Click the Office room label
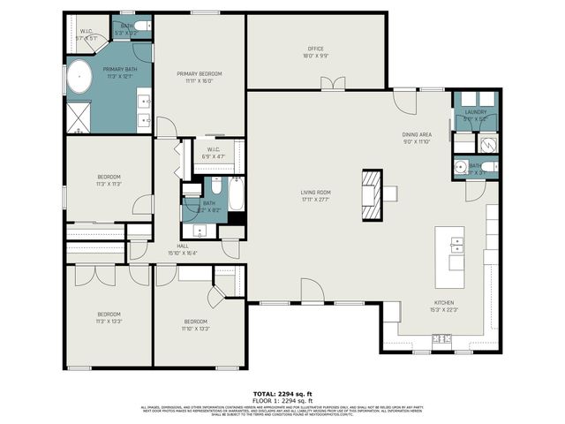click(315, 52)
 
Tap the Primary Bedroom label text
click(199, 77)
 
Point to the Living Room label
click(315, 195)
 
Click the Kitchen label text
click(418, 306)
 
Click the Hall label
click(183, 248)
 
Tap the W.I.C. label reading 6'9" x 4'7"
click(213, 152)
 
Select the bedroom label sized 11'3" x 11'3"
click(109, 180)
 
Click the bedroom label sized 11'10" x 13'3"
click(196, 324)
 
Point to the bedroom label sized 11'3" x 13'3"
click(109, 317)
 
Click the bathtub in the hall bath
click(236, 195)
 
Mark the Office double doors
click(333, 84)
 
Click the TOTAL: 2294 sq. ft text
click(283, 393)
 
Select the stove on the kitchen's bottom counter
click(441, 339)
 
